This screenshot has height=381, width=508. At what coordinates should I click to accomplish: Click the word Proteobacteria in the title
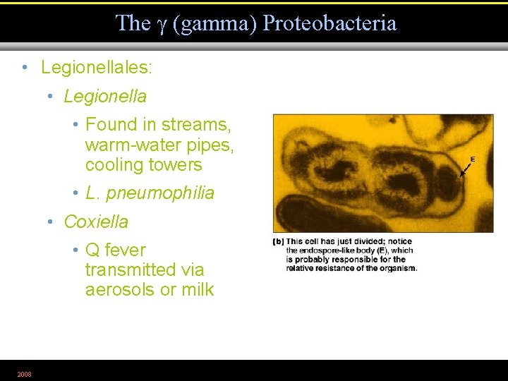tap(329, 23)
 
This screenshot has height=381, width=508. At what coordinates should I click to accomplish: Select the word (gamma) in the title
tap(214, 23)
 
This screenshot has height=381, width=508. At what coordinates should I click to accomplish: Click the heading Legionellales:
tap(97, 68)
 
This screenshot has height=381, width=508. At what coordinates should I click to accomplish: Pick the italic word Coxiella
tap(96, 222)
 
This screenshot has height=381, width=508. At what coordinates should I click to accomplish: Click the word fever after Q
tap(124, 250)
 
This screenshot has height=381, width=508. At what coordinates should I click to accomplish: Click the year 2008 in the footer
tap(25, 373)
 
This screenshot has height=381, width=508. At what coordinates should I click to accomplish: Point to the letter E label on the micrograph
tap(472, 159)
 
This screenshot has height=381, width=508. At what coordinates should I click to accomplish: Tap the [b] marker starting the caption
tap(278, 241)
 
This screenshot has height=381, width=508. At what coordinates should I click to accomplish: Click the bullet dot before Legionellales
tap(25, 68)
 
